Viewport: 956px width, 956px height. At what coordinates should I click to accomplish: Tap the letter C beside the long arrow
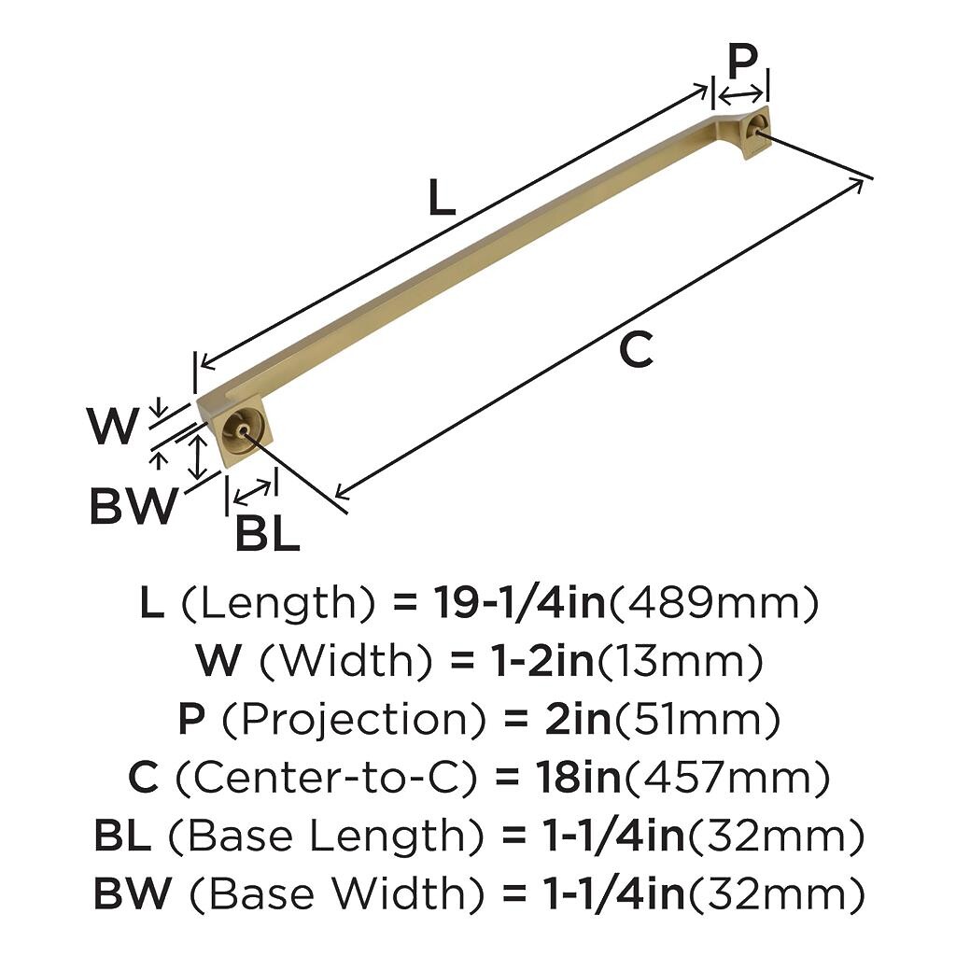636,350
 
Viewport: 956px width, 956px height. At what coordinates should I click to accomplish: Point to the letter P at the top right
742,62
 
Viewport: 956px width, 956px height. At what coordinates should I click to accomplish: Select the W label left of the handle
112,426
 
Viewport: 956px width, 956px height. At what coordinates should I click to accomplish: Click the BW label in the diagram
134,505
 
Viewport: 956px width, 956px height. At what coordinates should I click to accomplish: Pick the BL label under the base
268,533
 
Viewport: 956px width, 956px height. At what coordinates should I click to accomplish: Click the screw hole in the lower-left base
243,430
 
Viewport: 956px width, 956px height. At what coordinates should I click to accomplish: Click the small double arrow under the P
740,95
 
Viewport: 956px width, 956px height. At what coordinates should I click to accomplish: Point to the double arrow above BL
252,492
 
